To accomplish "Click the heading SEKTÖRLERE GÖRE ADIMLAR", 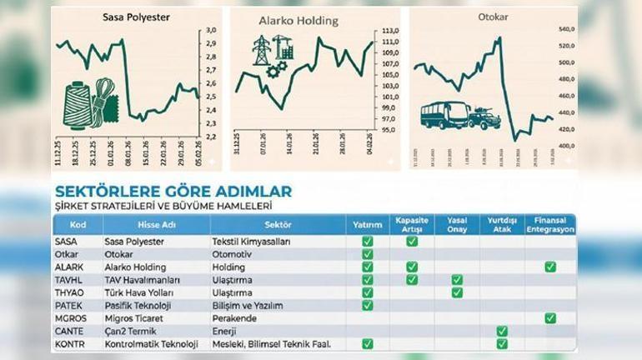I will [x=173, y=192].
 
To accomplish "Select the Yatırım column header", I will [x=368, y=224].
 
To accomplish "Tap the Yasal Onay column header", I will [x=456, y=224].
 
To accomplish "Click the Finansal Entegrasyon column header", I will [x=549, y=224].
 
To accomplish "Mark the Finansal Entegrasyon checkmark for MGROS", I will [x=549, y=317].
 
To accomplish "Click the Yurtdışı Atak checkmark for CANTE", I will [x=502, y=331].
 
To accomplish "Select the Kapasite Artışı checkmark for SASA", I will [x=412, y=241].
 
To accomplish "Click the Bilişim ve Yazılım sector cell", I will [x=246, y=305].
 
